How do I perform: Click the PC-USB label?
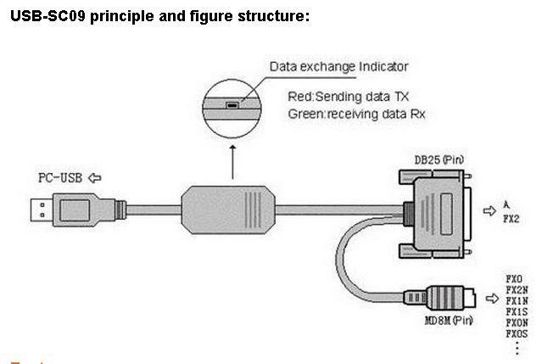(60, 178)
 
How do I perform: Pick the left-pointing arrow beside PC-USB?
(95, 178)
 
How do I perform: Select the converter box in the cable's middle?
(227, 209)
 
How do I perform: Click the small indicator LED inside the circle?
(232, 106)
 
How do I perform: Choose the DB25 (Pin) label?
(439, 159)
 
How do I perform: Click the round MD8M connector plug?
(449, 298)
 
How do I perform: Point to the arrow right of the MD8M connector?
(491, 298)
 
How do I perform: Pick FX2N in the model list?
(517, 289)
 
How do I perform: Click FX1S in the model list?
(517, 311)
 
